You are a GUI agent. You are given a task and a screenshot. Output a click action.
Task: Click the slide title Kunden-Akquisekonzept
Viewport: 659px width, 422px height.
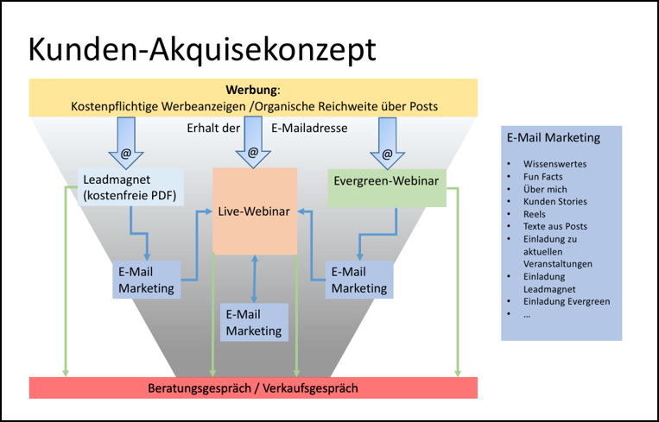coord(202,49)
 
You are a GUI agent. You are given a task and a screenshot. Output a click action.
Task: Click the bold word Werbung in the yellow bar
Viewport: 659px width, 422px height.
coord(252,90)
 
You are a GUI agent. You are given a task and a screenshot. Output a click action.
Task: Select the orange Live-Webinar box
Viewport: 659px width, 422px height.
coord(255,211)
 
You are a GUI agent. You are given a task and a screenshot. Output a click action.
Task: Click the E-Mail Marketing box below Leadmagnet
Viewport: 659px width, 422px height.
coord(145,280)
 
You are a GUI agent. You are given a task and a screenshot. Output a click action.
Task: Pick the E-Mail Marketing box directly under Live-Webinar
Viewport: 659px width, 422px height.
coord(254,322)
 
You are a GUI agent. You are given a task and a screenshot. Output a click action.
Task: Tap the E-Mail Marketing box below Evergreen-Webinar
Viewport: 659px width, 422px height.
coord(359,280)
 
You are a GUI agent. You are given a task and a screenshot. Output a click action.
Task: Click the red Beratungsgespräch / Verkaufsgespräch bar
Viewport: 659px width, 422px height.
coord(253,387)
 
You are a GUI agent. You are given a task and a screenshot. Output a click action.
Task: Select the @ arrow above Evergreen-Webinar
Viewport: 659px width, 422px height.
coord(386,148)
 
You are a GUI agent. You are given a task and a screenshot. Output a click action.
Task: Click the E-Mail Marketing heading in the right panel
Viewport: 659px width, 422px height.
coord(553,136)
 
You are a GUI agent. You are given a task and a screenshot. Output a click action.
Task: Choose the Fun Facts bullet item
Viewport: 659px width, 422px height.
coord(543,176)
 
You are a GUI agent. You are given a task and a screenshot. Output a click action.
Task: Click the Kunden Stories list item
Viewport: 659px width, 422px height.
coord(554,201)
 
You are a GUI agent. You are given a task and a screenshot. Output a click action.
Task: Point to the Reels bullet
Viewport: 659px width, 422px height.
coord(535,213)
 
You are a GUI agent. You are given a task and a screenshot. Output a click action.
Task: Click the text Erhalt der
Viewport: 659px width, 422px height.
coord(212,129)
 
